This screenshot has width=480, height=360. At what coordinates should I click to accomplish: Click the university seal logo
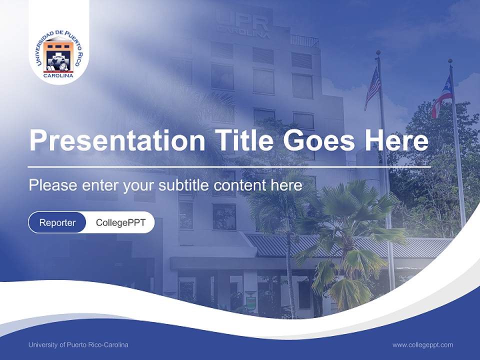pyautogui.click(x=59, y=55)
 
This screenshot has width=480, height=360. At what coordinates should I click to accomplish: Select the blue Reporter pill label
pyautogui.click(x=57, y=222)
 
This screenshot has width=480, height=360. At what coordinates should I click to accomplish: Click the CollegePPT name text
pyautogui.click(x=120, y=222)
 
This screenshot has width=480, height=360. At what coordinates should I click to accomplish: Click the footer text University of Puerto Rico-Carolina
pyautogui.click(x=78, y=345)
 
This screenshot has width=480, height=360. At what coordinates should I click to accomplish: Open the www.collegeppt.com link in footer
pyautogui.click(x=422, y=345)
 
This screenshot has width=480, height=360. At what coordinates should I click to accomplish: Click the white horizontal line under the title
pyautogui.click(x=229, y=167)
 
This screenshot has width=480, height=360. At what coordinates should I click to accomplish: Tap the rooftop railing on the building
pyautogui.click(x=304, y=41)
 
